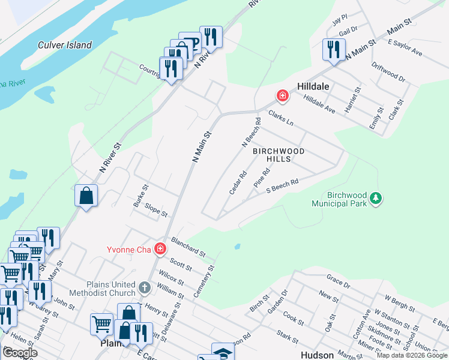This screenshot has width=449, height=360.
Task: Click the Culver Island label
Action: point(65,45)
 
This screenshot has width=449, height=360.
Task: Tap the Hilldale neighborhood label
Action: point(313,86)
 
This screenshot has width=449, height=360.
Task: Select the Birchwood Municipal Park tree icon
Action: point(376,197)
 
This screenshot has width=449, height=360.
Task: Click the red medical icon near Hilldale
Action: point(282,96)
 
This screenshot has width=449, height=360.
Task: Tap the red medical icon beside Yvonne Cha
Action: point(160,248)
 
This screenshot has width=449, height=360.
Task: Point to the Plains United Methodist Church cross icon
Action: point(144,288)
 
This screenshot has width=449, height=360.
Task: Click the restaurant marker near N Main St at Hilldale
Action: point(333,50)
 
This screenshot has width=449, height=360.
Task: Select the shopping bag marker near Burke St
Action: point(86,196)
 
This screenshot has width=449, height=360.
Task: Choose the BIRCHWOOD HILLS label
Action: point(279,155)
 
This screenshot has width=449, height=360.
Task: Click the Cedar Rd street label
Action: point(238,183)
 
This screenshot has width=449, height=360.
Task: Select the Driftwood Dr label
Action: point(388,71)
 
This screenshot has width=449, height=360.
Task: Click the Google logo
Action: point(19,353)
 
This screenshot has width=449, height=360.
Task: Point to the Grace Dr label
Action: point(338,281)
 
